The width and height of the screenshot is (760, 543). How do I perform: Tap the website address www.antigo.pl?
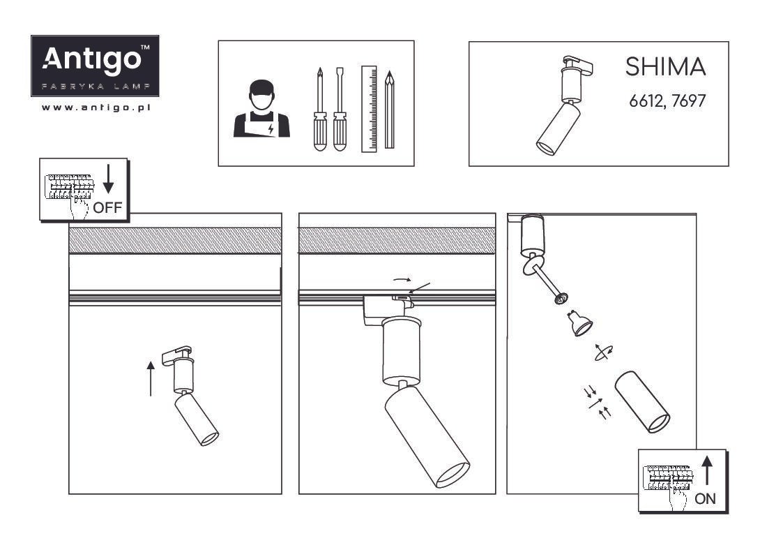coord(96,107)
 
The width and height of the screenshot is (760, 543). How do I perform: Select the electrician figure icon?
coord(261,109)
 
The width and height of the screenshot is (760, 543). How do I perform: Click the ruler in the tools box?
coord(369,109)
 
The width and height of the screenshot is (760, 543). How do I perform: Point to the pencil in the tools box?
coord(389,110)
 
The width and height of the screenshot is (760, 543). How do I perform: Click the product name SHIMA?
coord(665,67)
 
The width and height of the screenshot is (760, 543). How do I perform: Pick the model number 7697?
coord(689,101)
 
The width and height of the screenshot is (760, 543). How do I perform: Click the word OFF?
coord(107,208)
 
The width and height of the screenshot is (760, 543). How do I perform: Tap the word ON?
coord(705,498)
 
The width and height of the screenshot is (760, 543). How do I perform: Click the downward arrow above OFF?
coord(109,179)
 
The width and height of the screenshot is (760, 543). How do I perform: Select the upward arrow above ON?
coord(707,470)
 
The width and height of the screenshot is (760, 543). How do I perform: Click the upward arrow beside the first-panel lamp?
coord(151,378)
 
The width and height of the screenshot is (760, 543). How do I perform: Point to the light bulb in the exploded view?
coord(579,322)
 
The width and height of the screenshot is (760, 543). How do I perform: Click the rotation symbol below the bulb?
coord(603,352)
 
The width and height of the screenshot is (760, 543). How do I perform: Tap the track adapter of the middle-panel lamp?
coord(388,306)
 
